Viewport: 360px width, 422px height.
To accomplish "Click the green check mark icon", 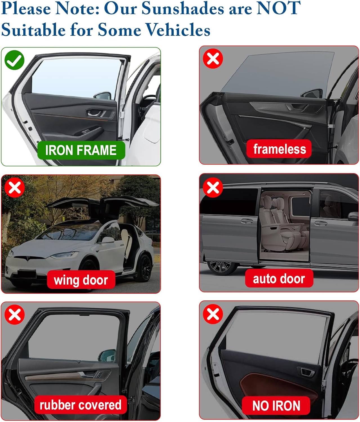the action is point(14,60).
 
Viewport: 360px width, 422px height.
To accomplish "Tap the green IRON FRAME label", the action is point(81,150).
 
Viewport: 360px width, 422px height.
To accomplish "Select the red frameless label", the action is point(279,149).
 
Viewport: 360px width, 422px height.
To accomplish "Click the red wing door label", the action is point(81,280).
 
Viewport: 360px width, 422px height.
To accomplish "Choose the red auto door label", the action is point(279,278).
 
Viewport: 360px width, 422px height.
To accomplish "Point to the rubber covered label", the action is point(81,405).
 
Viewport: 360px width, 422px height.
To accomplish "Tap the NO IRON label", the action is point(276,406).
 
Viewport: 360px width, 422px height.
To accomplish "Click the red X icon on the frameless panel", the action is point(213,59).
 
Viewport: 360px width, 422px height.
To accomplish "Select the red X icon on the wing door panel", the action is point(15,187).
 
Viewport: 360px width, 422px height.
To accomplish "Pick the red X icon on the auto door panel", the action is point(213,187).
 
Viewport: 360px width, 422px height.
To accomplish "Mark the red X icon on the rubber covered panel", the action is point(15,315).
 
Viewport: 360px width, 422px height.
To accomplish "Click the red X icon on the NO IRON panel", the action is point(213,314).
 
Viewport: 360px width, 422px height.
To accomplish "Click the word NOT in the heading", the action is point(278,8).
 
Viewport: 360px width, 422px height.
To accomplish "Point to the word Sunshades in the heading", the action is point(183,8).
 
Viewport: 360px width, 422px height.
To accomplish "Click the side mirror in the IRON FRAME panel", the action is point(102,96).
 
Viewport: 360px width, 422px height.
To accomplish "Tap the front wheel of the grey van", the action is point(222,267).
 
